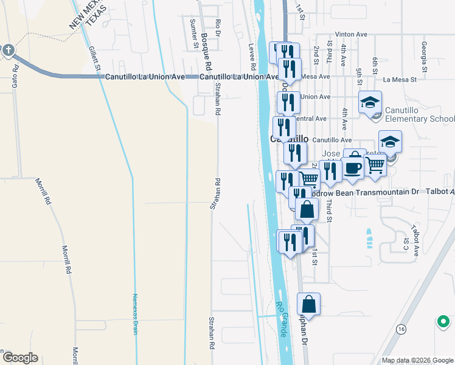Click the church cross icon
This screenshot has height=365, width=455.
[x=9, y=50]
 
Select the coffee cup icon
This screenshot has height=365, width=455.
[x=352, y=167]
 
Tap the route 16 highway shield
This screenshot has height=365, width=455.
[x=401, y=328]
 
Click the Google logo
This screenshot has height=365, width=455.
[x=19, y=358]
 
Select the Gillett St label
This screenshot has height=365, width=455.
[x=94, y=59]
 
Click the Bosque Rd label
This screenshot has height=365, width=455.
[x=206, y=51]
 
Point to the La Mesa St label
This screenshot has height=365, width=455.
[x=400, y=79]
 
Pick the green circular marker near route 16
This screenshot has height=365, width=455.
[x=443, y=321]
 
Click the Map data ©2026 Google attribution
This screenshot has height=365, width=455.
[x=417, y=360]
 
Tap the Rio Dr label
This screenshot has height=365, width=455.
[x=218, y=31]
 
